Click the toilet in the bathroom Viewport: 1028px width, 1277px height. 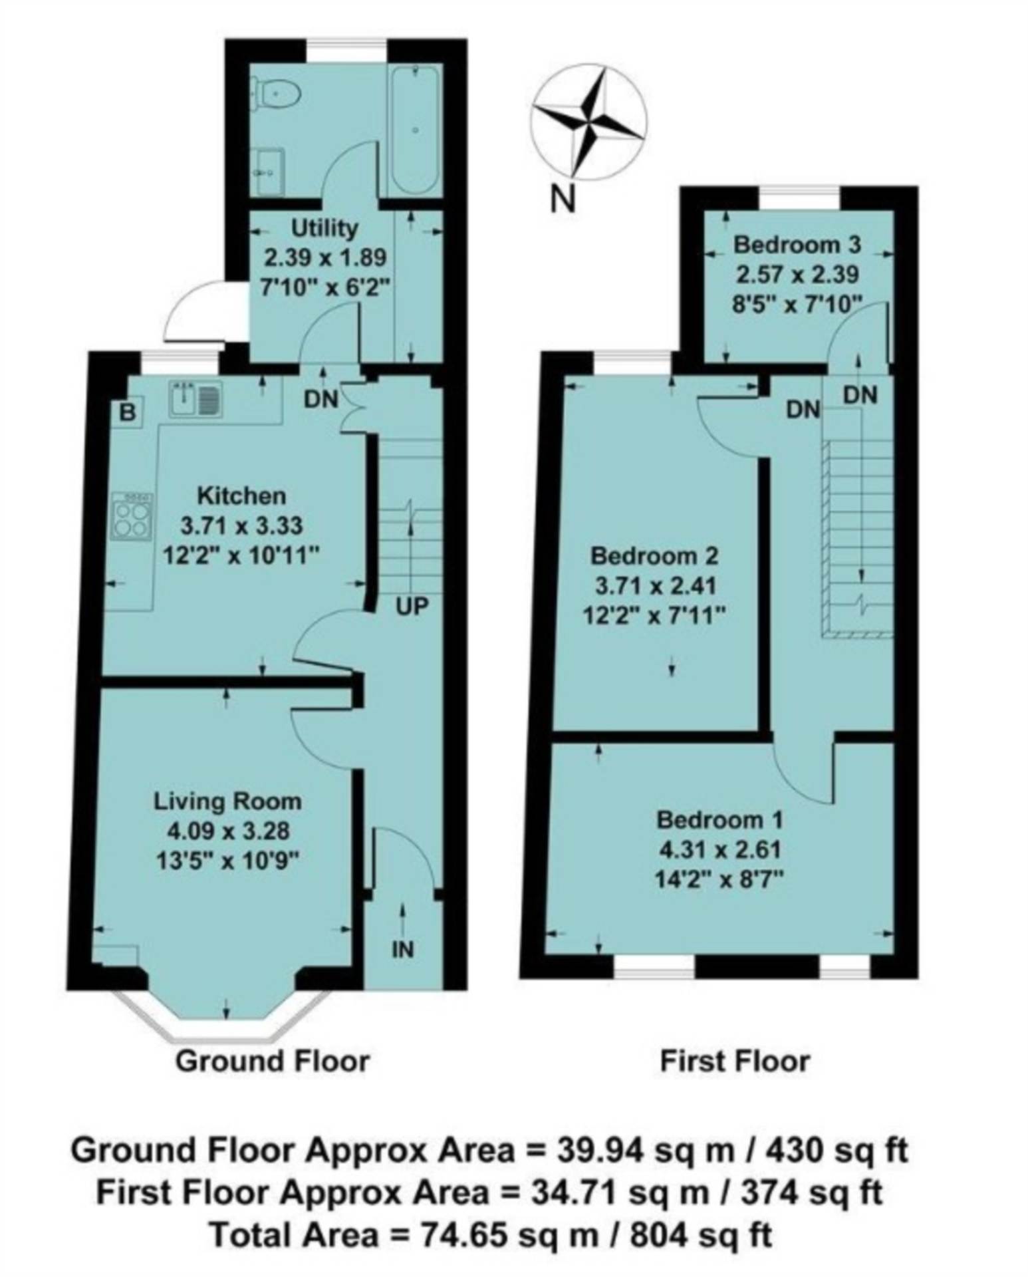coord(275,93)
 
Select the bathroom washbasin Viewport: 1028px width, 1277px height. coord(269,171)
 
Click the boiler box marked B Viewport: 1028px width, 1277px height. coord(127,414)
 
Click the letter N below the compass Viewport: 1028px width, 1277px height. coord(563,199)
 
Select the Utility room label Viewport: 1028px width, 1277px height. coord(325,228)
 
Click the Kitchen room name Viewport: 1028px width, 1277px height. coord(242,496)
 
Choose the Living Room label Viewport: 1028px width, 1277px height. coord(228,801)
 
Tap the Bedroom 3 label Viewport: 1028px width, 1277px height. coord(797,245)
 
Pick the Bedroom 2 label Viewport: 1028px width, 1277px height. coord(655,555)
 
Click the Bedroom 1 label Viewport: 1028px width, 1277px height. coord(720,819)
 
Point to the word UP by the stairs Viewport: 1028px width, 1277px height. coord(412,607)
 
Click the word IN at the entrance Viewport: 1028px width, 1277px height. coord(403,950)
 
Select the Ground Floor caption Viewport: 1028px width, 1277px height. coord(272,1062)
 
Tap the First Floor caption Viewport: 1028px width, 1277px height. coord(735,1062)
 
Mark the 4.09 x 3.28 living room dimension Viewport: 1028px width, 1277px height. coord(228,831)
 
